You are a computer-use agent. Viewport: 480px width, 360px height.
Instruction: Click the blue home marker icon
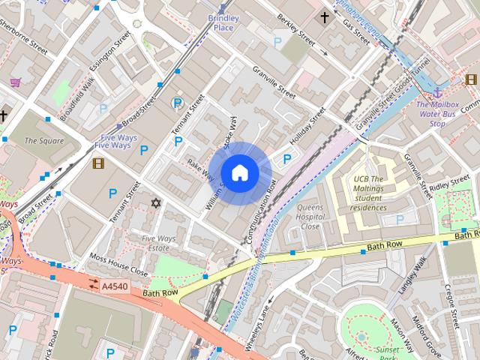(x=239, y=172)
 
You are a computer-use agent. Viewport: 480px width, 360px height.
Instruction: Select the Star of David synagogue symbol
(x=156, y=203)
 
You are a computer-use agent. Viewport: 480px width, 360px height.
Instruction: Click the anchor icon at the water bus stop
(x=436, y=92)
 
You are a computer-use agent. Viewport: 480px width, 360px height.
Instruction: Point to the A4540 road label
(x=114, y=286)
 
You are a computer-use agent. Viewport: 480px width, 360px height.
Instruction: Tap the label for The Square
(x=43, y=140)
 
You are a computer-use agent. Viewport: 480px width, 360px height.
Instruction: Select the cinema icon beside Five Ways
(x=98, y=163)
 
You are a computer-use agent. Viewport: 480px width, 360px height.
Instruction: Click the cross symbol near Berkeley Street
(x=324, y=16)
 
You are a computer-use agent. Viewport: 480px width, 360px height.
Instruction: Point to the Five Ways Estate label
(x=158, y=243)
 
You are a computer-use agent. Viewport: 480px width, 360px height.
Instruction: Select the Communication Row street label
(x=262, y=214)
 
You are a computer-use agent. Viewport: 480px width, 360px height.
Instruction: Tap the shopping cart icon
(x=14, y=82)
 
